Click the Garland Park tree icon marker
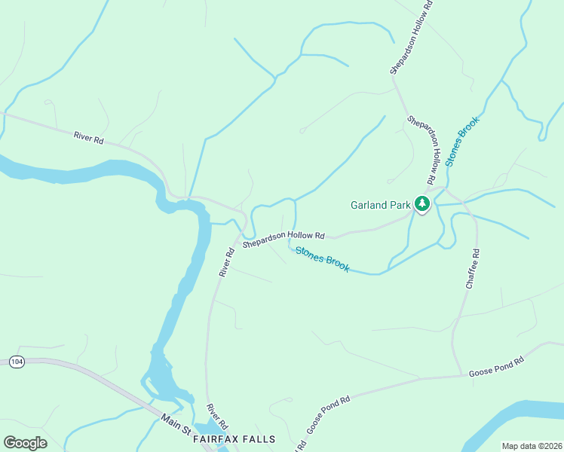422,203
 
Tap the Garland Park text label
380,205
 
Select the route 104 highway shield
17,362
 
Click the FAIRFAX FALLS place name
234,438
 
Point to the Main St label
176,423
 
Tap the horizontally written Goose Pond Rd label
495,366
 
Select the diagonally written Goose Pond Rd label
329,415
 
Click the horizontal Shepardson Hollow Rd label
283,240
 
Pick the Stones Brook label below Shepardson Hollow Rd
322,260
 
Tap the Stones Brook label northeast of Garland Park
461,141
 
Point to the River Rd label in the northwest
88,138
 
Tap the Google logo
25,442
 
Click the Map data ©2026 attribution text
531,446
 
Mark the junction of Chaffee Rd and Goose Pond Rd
461,374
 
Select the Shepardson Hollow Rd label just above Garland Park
422,151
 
